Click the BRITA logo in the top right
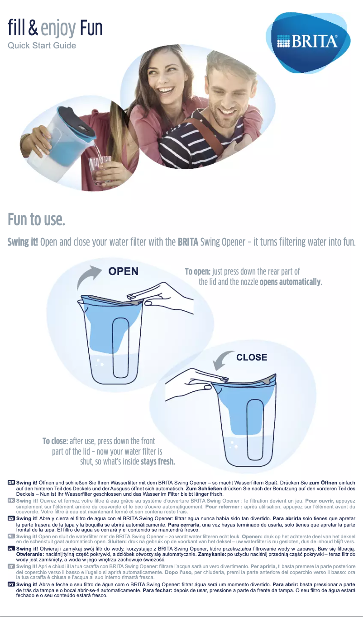click(307, 42)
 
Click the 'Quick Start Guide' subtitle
click(42, 46)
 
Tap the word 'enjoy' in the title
click(58, 28)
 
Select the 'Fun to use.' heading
click(36, 220)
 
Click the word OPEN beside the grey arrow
click(123, 271)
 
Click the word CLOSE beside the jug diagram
click(252, 357)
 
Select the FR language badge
click(11, 501)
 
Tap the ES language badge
click(11, 518)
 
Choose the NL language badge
click(11, 536)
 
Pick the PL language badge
click(11, 548)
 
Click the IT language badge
click(11, 566)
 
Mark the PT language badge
click(11, 584)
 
